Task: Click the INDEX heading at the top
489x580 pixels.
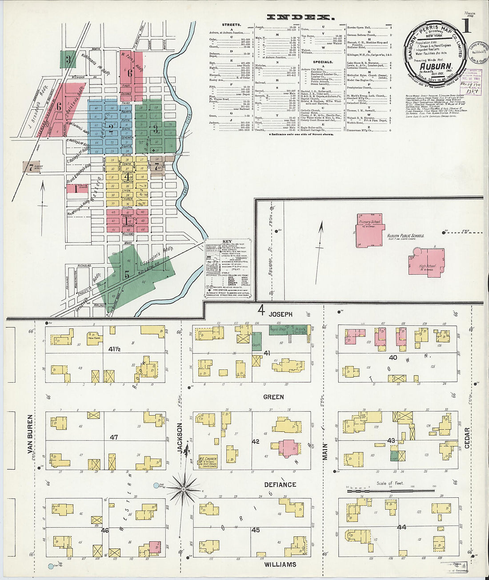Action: (x=301, y=17)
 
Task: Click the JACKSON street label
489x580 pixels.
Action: (x=180, y=438)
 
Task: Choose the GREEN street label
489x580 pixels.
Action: (x=273, y=397)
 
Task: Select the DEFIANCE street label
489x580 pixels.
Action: (x=280, y=484)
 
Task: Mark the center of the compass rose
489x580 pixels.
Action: (x=183, y=489)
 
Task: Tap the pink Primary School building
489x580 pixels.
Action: (x=370, y=230)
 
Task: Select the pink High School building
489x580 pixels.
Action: (x=427, y=261)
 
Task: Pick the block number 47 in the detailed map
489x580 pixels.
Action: (x=114, y=437)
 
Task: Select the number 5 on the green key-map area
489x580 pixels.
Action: (x=127, y=275)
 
